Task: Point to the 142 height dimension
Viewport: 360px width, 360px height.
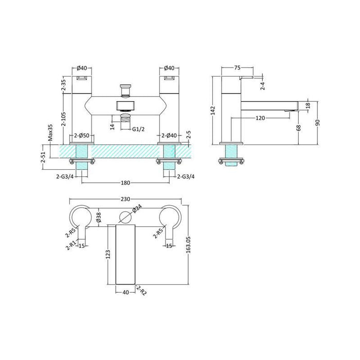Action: [212, 110]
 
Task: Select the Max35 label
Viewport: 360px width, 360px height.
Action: [51, 133]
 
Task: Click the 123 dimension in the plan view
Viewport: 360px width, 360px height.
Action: [109, 255]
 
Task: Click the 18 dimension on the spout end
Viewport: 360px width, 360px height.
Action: [307, 105]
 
